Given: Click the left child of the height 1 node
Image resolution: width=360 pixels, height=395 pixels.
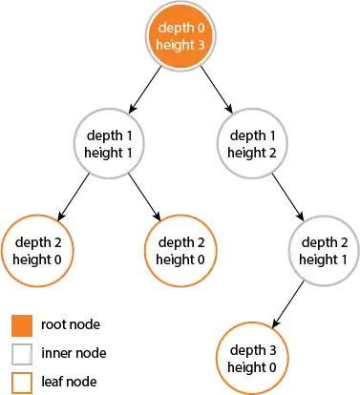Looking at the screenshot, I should click(36, 250).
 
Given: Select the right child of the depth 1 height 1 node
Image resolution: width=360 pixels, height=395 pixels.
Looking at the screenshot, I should click(180, 250).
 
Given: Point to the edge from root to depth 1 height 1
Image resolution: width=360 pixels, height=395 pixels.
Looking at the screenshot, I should click(143, 92).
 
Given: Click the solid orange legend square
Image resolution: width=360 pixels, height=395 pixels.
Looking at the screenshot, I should click(21, 327).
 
